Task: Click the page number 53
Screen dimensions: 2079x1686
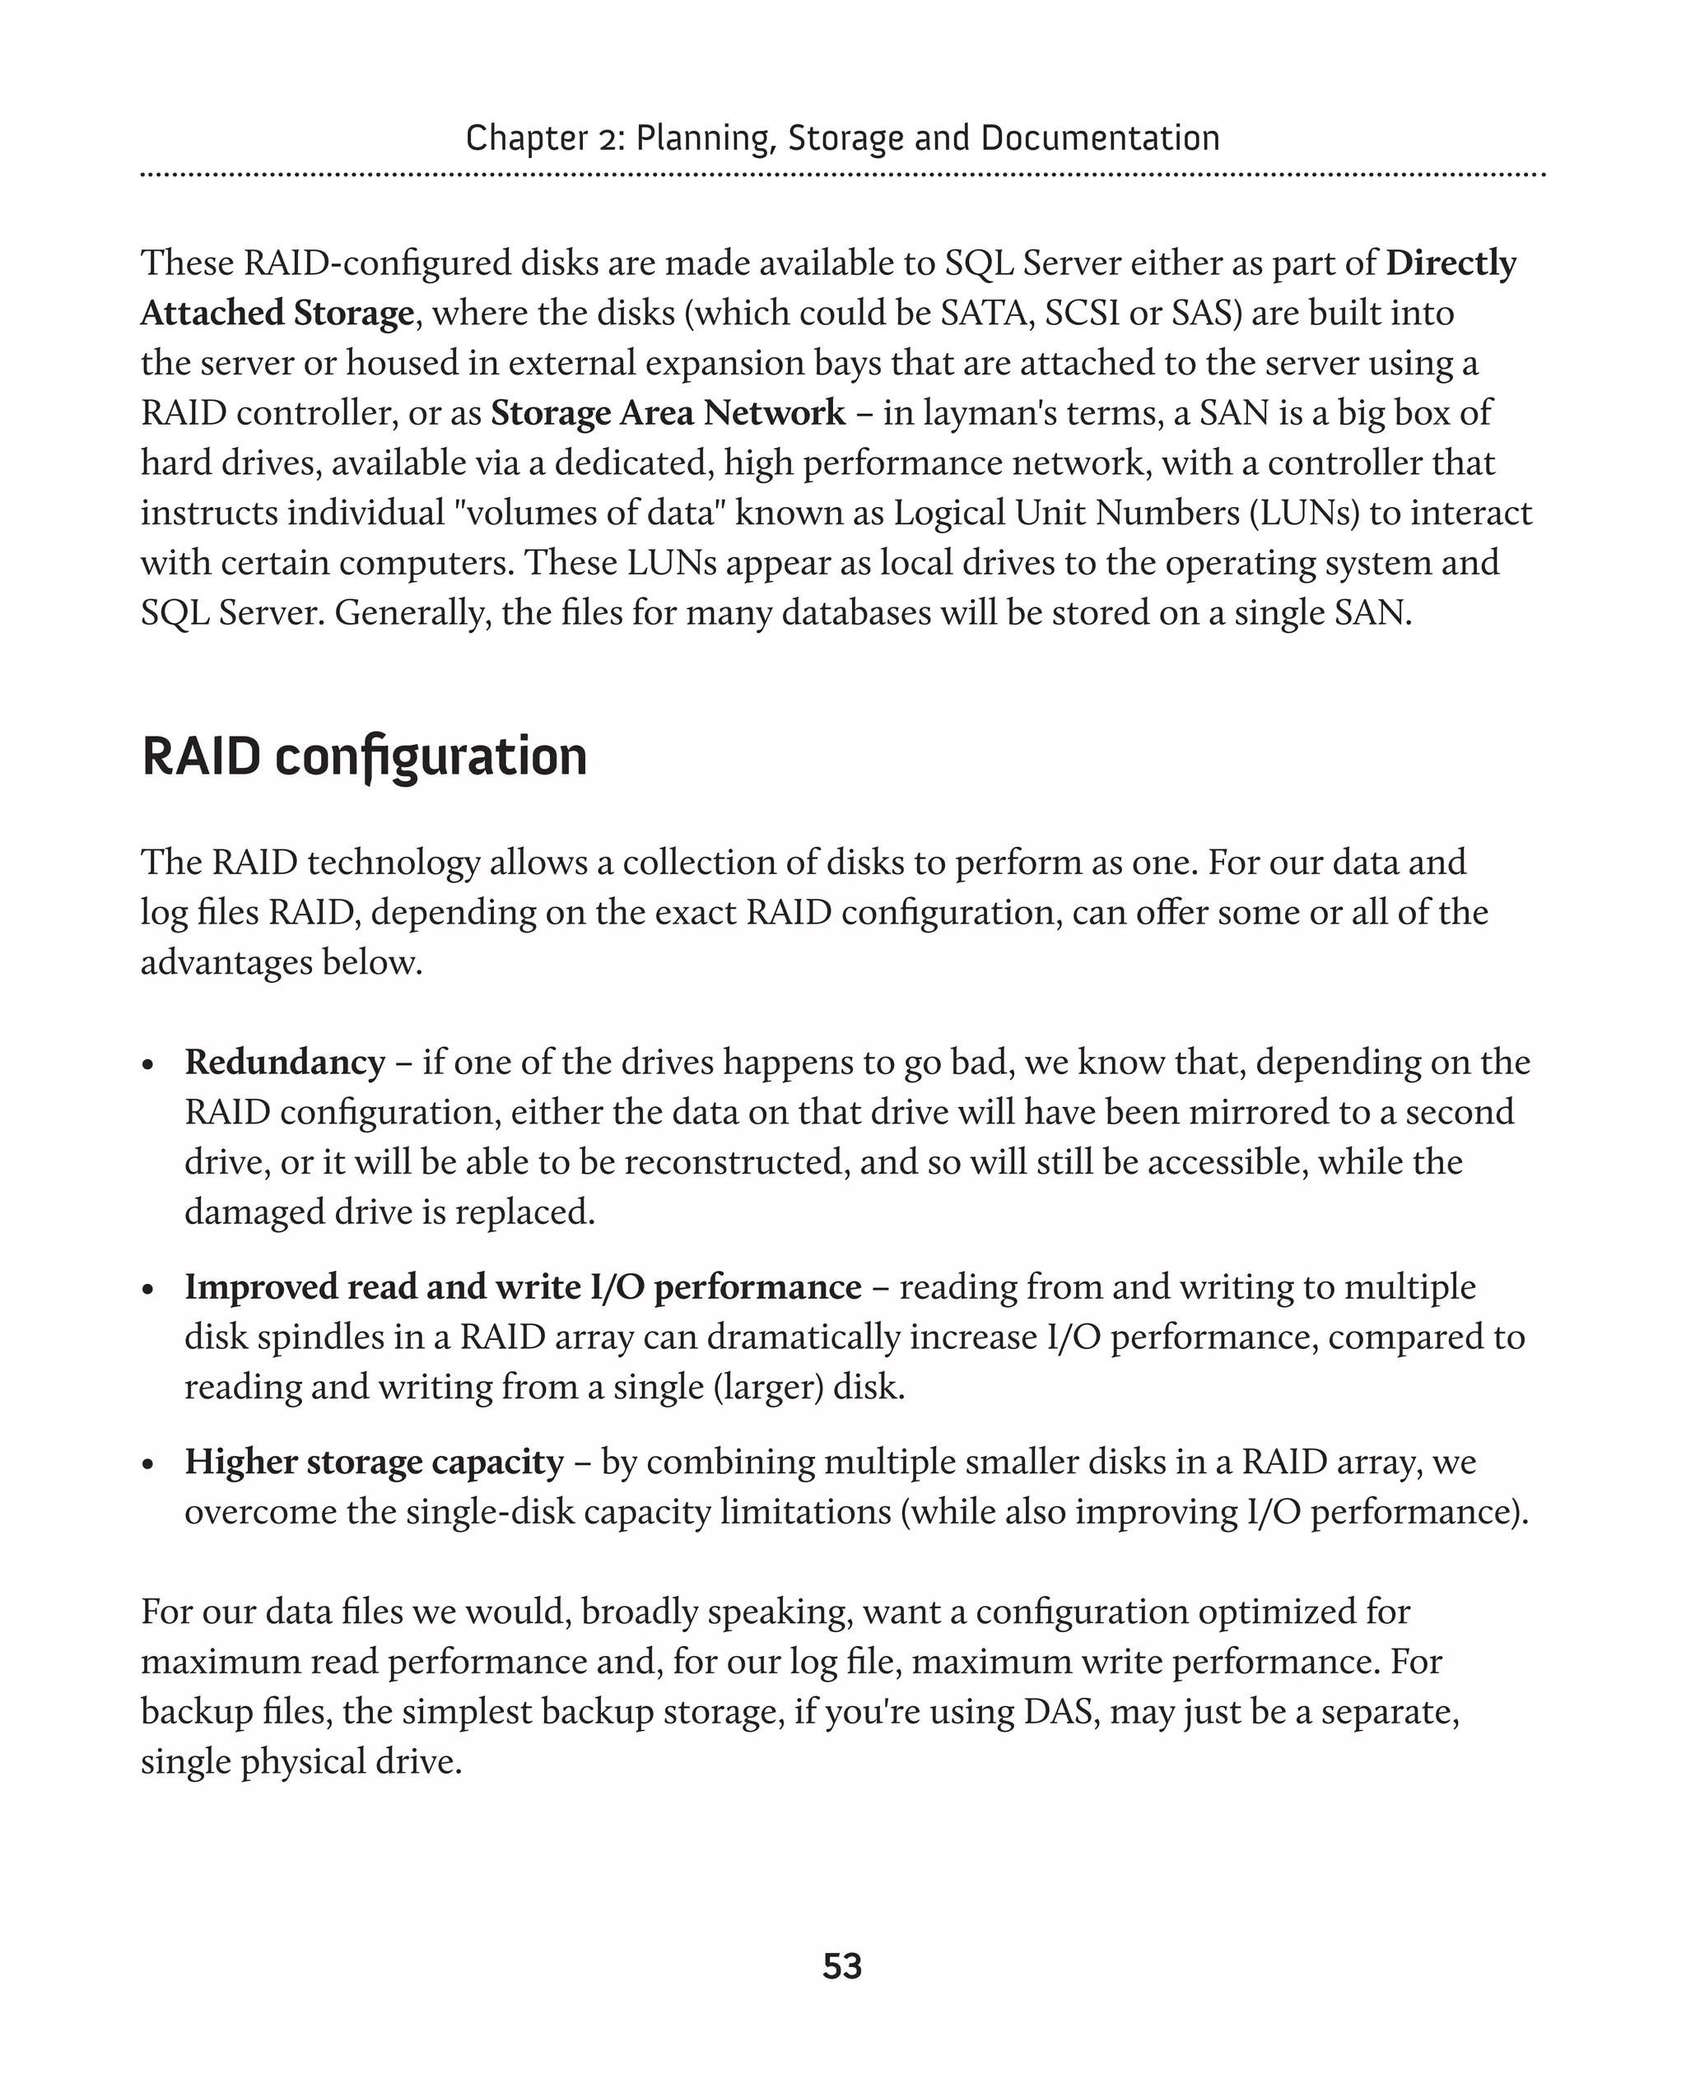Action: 841,1966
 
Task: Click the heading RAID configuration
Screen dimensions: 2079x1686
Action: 364,756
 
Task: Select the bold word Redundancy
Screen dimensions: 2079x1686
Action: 285,1063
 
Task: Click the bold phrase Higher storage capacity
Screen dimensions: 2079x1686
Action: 374,1462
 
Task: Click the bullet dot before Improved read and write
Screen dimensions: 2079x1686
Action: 147,1291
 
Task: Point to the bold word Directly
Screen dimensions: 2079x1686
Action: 1451,263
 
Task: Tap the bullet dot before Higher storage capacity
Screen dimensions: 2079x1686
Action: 147,1465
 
